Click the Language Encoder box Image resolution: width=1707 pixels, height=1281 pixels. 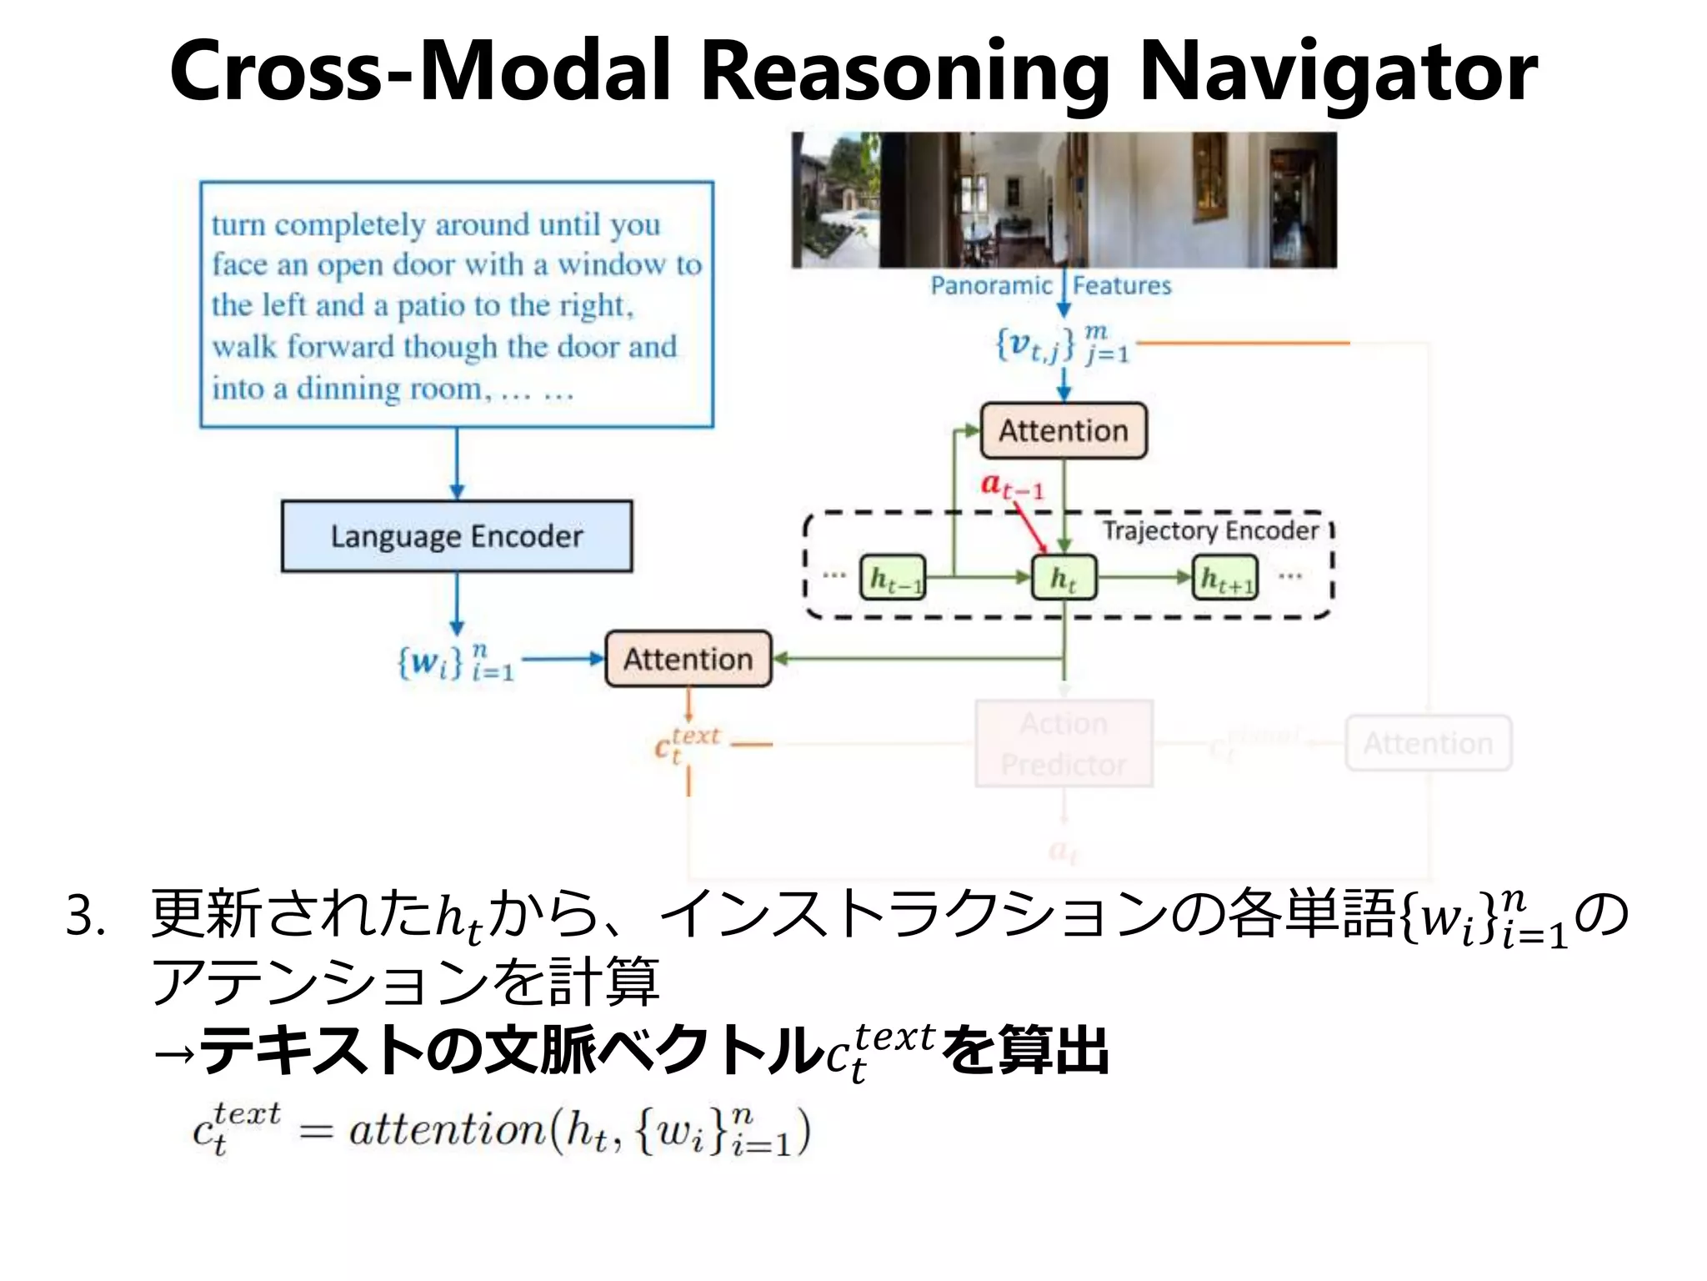pos(457,536)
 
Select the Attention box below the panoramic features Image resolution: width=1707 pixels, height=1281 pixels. pos(1064,430)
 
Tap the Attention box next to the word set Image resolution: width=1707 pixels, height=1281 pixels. pos(688,659)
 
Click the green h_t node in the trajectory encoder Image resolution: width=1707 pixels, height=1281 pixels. pos(1064,577)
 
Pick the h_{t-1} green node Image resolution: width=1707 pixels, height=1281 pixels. pos(893,577)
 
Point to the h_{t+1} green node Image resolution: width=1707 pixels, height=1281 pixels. pos(1226,577)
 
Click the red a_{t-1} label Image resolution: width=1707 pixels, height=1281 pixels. pos(1011,485)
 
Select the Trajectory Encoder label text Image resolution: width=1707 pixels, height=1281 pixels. pos(1210,530)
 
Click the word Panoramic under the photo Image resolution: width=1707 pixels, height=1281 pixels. pos(991,286)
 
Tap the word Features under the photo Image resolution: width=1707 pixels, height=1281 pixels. pos(1122,286)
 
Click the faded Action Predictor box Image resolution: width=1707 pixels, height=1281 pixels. pos(1064,744)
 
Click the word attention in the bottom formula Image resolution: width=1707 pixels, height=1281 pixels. pos(446,1131)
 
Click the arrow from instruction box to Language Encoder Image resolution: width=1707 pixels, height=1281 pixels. pos(457,464)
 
